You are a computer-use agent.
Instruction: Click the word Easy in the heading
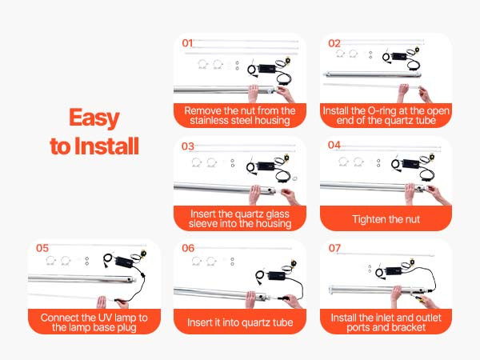click(94, 118)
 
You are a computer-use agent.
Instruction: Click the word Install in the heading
click(107, 146)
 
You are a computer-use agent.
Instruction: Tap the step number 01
click(187, 43)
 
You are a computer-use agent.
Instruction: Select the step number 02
click(334, 43)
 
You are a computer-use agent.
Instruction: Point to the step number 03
click(188, 146)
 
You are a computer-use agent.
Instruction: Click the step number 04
click(334, 145)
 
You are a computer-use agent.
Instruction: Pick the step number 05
click(42, 248)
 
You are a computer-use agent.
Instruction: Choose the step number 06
click(188, 248)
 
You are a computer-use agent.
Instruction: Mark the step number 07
click(334, 248)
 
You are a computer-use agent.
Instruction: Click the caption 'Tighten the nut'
click(386, 219)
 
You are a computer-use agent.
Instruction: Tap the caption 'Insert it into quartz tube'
click(240, 322)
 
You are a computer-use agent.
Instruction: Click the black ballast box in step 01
click(267, 68)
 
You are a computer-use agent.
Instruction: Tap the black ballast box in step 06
click(277, 275)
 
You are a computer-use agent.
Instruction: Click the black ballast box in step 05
click(124, 262)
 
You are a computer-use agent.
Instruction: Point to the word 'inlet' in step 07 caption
click(370, 318)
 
